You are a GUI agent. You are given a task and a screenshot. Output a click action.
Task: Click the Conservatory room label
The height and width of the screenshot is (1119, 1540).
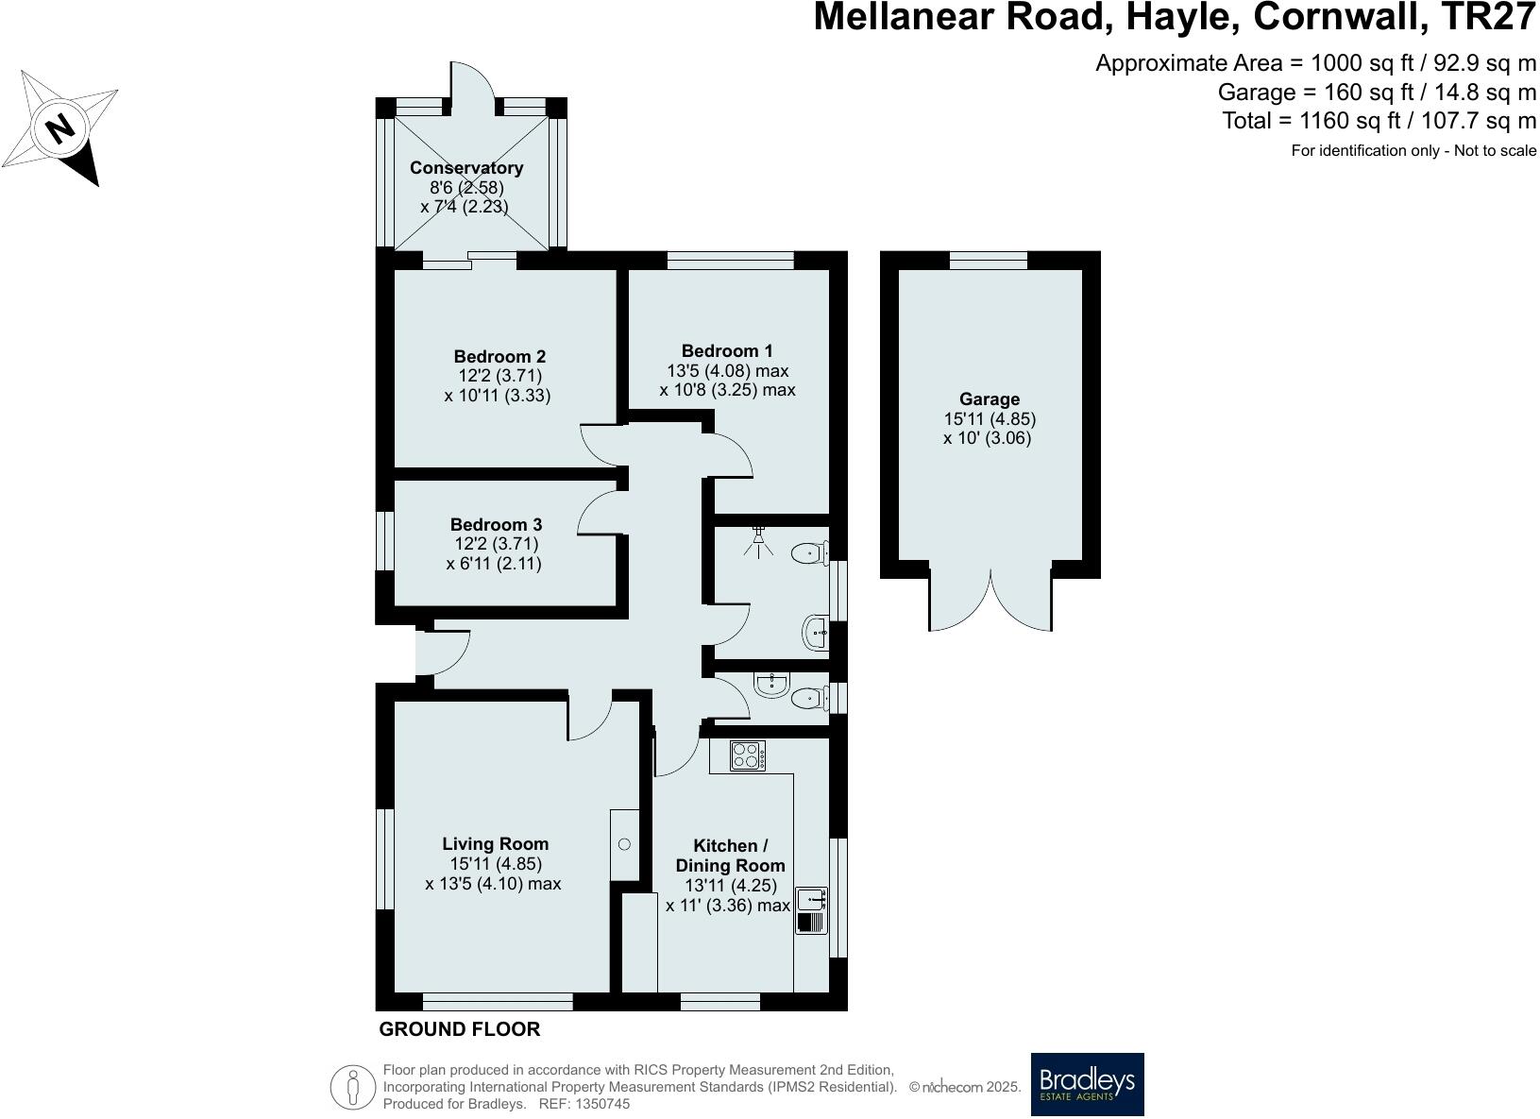465,168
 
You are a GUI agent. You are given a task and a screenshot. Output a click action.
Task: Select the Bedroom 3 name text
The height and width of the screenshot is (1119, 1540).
496,525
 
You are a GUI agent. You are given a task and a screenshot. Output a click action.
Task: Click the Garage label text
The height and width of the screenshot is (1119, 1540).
989,399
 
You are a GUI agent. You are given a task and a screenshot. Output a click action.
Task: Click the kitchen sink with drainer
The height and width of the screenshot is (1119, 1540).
811,910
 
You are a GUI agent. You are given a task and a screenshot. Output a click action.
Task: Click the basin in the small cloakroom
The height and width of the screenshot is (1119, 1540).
772,684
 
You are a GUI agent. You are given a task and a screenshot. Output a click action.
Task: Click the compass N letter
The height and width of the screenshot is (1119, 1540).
61,127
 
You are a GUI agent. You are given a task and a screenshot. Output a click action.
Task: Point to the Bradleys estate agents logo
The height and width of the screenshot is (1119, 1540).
1087,1084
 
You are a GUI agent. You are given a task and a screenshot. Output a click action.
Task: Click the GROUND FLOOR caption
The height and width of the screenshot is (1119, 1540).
459,1030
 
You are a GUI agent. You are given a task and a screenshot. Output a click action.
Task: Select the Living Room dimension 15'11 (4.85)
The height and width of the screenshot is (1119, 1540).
496,864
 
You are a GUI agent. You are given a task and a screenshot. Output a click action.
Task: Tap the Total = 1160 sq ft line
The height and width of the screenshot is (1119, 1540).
1379,121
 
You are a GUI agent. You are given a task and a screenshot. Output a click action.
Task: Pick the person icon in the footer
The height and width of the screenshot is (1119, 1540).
353,1087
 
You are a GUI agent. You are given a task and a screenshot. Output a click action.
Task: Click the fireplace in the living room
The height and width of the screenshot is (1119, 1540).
624,845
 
